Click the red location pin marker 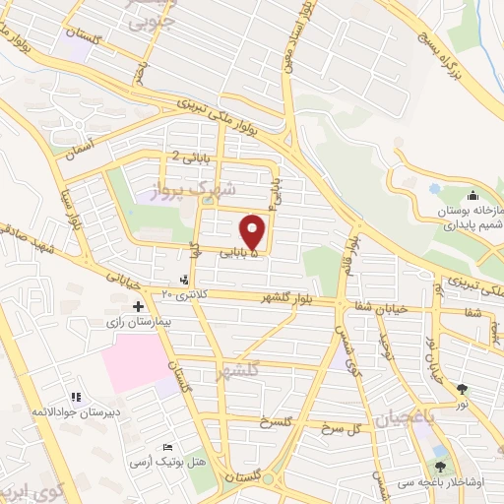[x=254, y=231]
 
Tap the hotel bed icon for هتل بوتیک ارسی [x=166, y=447]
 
